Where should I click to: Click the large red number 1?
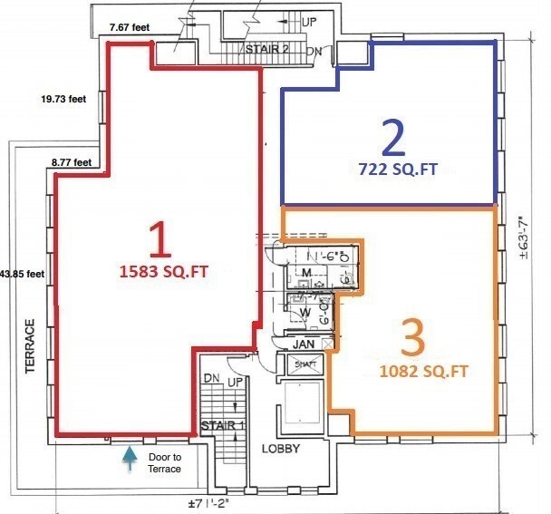point(159,241)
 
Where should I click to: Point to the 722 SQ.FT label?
point(391,167)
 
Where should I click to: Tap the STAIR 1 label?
point(222,425)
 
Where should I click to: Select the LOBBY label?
point(281,449)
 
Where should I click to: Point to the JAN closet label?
point(303,344)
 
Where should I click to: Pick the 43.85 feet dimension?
point(23,272)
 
